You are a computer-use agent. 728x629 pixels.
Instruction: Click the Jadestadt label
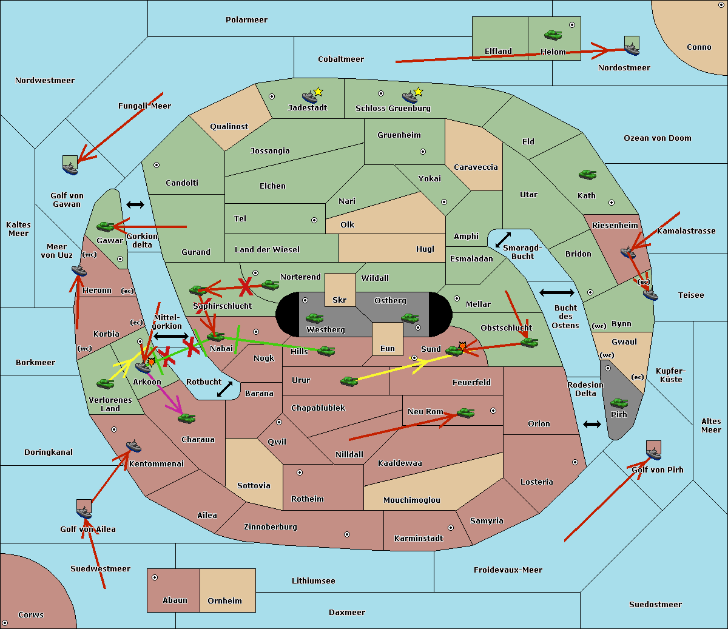tap(307, 108)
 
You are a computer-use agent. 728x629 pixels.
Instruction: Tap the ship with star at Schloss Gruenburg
tap(411, 96)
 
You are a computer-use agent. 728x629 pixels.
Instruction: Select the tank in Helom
tap(553, 35)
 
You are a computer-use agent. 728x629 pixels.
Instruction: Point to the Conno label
tap(699, 47)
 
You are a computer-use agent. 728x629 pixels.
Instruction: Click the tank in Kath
tap(587, 175)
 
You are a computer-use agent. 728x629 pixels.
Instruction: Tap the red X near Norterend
tap(246, 286)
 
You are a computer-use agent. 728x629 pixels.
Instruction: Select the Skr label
tap(339, 300)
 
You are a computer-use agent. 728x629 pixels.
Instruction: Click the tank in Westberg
tap(314, 318)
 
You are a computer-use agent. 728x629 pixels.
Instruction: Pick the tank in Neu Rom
tap(465, 413)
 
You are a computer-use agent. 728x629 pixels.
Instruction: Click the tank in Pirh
tap(619, 403)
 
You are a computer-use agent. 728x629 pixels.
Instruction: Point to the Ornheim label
tap(224, 601)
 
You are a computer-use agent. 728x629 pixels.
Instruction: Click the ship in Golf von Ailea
tap(84, 513)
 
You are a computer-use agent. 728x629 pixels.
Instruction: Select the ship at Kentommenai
tap(134, 447)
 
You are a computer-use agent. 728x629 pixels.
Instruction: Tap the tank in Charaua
tap(186, 419)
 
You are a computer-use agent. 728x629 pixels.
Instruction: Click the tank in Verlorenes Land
tap(105, 384)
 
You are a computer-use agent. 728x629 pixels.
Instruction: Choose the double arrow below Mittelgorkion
tap(171, 337)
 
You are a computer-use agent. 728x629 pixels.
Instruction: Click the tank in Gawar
tap(106, 227)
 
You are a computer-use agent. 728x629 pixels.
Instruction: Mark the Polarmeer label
tap(246, 20)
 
